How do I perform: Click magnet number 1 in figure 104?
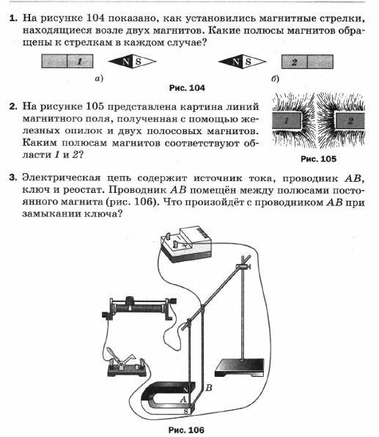pos(67,61)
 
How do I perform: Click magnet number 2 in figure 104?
pos(307,62)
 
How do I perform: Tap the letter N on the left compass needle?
pos(125,62)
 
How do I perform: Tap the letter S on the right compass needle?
pos(248,62)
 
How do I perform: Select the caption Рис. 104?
pos(187,88)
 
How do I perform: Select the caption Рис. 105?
pos(319,159)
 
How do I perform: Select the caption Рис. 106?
pos(186,430)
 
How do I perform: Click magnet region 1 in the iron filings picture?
pos(287,121)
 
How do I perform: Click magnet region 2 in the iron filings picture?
pos(350,121)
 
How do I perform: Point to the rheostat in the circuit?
pos(139,308)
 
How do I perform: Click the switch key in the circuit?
pos(127,364)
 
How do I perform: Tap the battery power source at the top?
pos(186,244)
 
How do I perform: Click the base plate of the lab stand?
pos(240,367)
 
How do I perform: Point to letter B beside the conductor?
pos(209,387)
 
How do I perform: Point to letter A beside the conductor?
pos(183,399)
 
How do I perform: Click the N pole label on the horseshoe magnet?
pos(185,389)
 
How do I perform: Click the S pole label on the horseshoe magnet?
pos(186,411)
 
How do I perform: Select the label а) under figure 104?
pos(99,78)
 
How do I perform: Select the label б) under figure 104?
pos(275,79)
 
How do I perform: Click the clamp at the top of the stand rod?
pos(243,266)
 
